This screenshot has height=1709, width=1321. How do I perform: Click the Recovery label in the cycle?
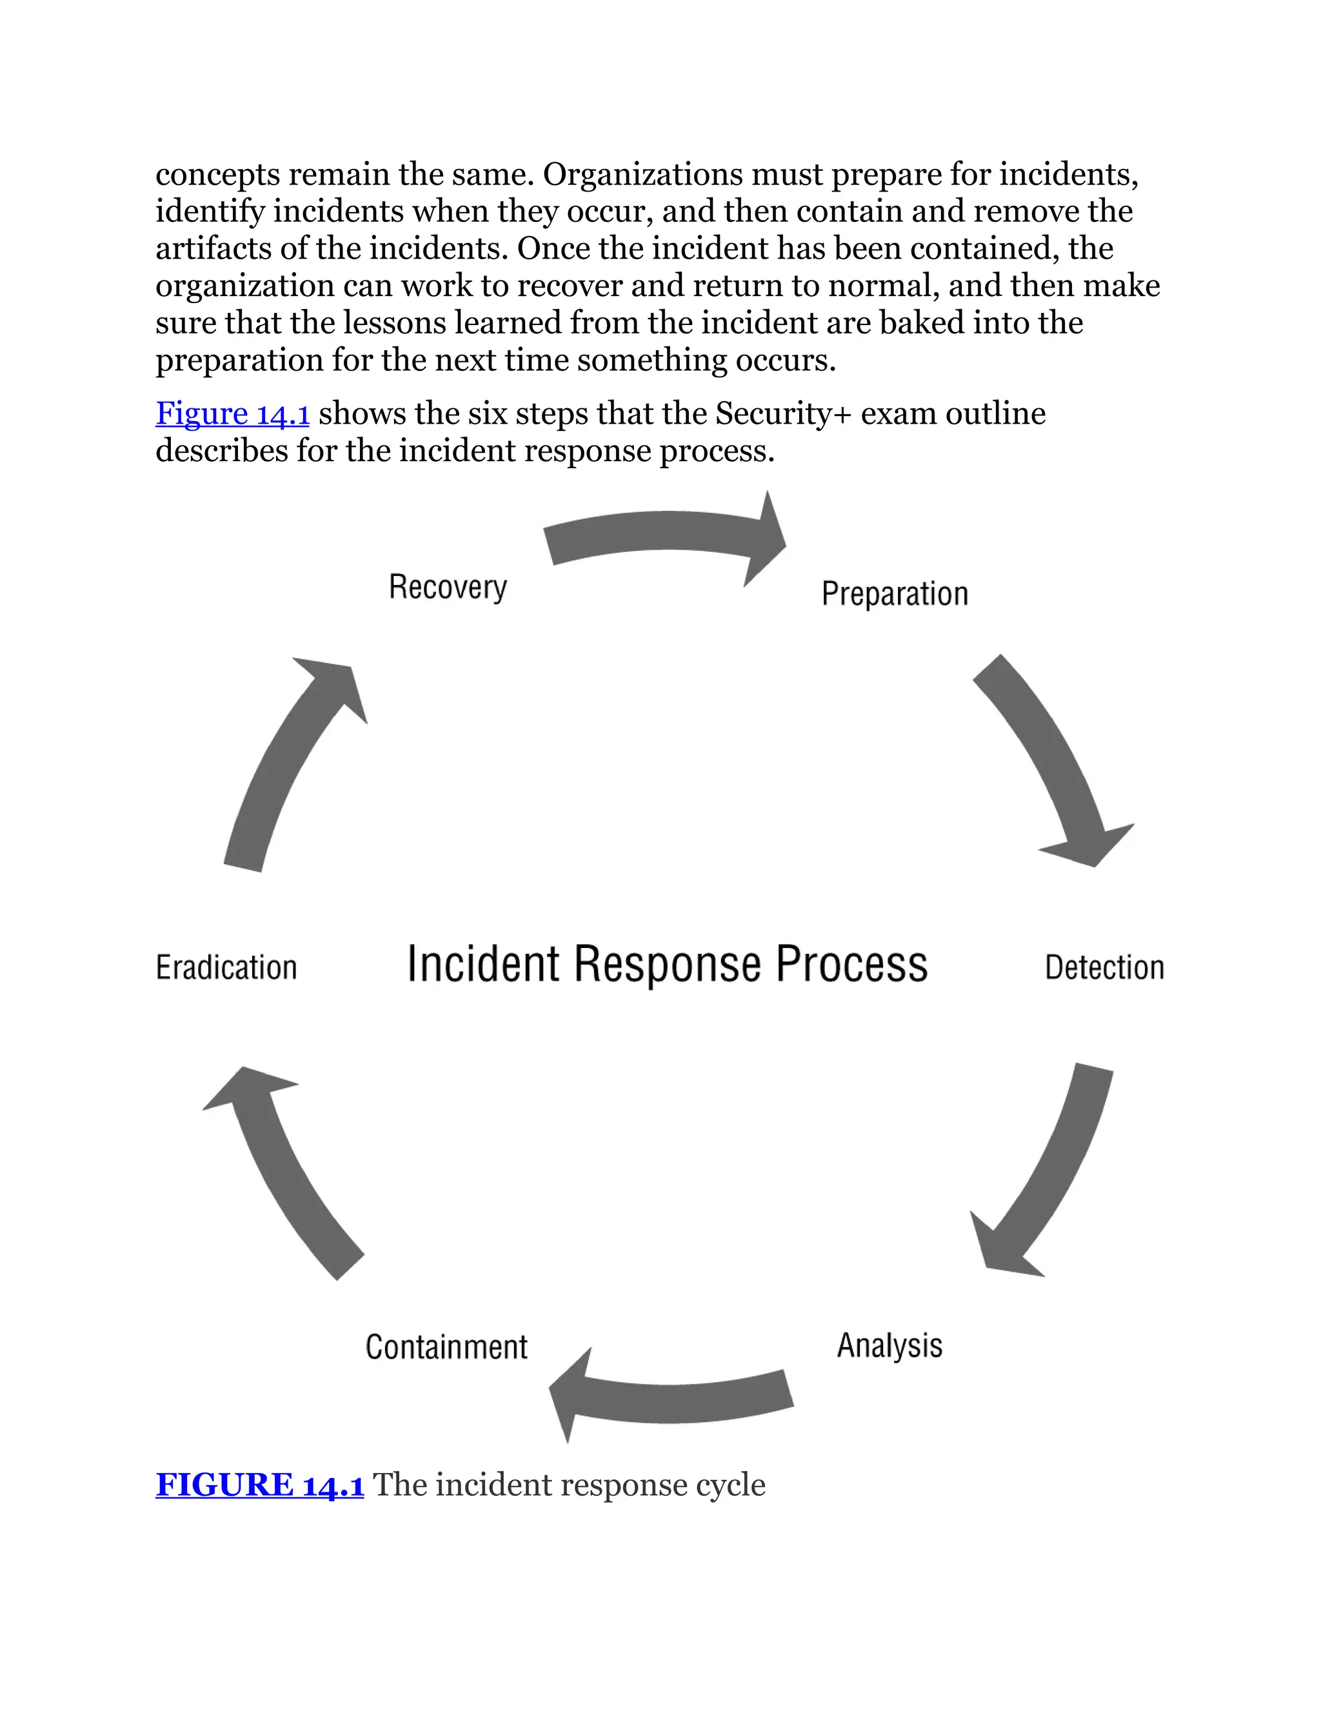tap(448, 588)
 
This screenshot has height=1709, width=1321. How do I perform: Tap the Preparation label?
tap(895, 594)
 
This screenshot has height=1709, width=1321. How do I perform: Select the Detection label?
tap(1104, 968)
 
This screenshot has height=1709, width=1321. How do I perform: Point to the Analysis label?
tap(889, 1346)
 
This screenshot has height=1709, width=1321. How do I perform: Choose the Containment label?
tap(446, 1347)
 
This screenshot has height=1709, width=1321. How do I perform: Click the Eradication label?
tap(226, 968)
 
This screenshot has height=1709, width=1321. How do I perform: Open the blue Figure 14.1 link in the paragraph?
tap(232, 413)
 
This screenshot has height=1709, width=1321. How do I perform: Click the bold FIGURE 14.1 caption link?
tap(260, 1485)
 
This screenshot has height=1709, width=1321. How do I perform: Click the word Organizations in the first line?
tap(642, 173)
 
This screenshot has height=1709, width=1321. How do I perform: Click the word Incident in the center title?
tap(483, 964)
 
